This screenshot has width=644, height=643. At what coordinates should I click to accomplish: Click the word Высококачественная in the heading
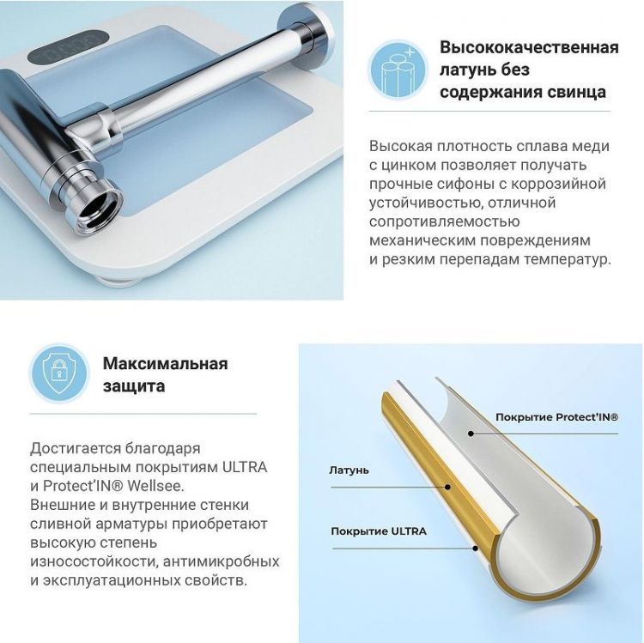coord(529,47)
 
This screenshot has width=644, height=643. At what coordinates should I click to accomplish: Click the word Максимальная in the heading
coord(165,363)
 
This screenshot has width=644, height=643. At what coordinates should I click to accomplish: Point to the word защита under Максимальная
coord(133,386)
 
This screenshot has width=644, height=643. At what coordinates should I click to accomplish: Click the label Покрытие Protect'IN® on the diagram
coord(556,417)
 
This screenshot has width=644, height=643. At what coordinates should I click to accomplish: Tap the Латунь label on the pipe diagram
coord(349,470)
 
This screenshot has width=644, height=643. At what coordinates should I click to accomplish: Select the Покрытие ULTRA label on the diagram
coord(379,531)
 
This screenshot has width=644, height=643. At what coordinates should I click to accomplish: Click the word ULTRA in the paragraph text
coord(244,467)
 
